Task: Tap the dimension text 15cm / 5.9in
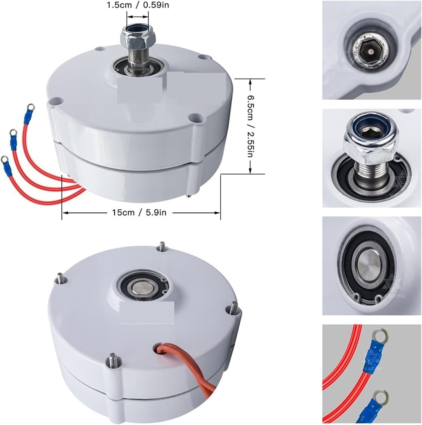pyautogui.click(x=139, y=212)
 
